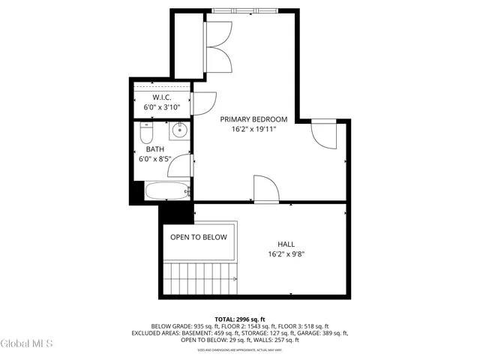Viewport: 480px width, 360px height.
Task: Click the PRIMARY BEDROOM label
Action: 253,119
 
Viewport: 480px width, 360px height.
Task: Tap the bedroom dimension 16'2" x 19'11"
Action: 253,129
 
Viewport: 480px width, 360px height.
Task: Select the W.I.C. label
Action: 162,97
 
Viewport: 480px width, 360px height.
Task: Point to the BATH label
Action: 154,149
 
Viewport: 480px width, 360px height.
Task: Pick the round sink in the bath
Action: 179,132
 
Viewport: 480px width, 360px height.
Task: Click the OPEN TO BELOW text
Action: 199,237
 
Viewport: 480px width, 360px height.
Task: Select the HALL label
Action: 286,243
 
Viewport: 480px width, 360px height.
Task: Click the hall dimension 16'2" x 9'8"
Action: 286,253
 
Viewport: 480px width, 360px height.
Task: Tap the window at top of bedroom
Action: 244,10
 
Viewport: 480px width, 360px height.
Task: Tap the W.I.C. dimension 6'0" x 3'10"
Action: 162,107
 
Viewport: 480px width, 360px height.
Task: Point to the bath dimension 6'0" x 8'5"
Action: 154,159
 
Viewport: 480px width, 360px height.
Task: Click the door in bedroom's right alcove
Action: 323,135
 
